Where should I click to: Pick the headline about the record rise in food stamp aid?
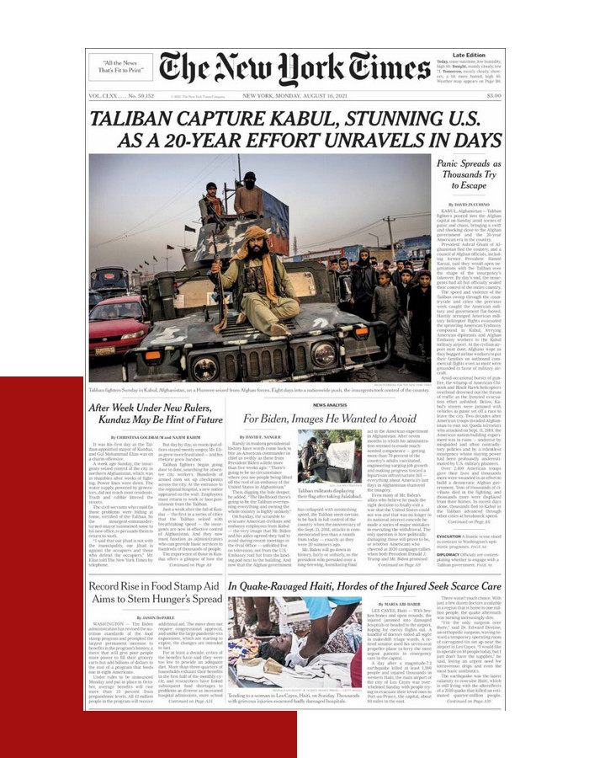click(156, 568)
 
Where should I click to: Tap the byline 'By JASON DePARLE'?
click(156, 594)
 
